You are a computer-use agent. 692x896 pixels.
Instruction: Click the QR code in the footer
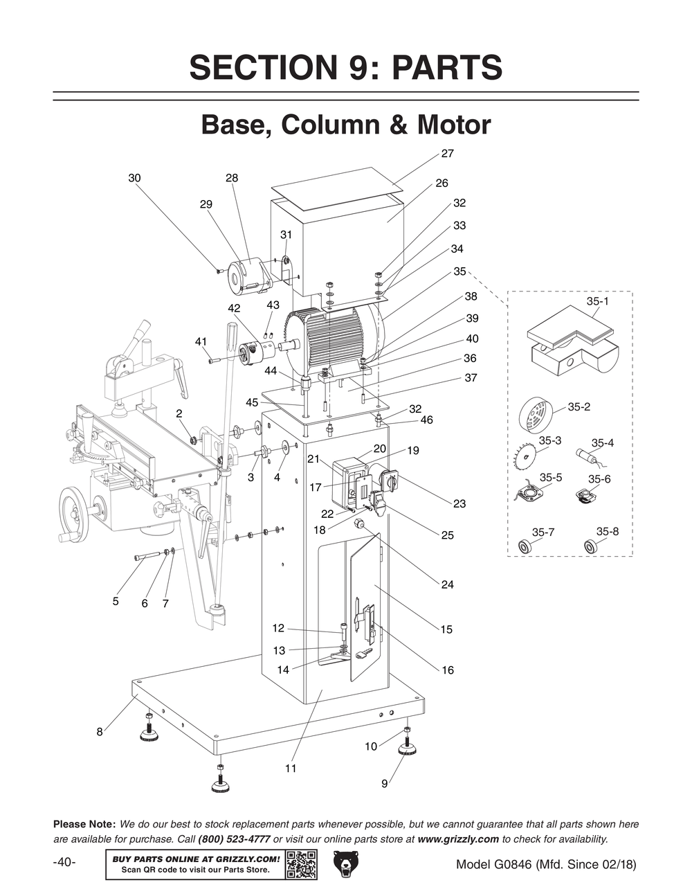pyautogui.click(x=302, y=864)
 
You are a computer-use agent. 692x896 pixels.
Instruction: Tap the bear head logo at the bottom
pyautogui.click(x=347, y=864)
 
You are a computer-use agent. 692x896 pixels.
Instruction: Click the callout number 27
pyautogui.click(x=447, y=153)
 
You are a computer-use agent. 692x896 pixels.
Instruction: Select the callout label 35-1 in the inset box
pyautogui.click(x=597, y=302)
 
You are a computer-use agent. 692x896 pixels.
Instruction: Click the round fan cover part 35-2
pyautogui.click(x=536, y=415)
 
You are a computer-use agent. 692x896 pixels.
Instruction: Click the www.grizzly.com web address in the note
pyautogui.click(x=458, y=839)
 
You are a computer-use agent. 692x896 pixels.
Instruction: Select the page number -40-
pyautogui.click(x=64, y=863)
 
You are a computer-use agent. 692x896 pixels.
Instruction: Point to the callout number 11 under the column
pyautogui.click(x=291, y=768)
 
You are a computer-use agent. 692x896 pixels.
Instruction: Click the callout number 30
pyautogui.click(x=134, y=178)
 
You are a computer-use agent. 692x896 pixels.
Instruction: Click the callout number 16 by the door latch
pyautogui.click(x=448, y=670)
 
